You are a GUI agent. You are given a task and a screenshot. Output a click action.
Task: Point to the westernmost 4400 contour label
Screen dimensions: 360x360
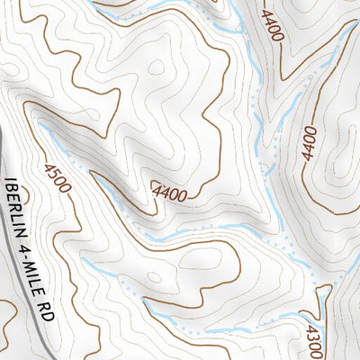click(x=170, y=191)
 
